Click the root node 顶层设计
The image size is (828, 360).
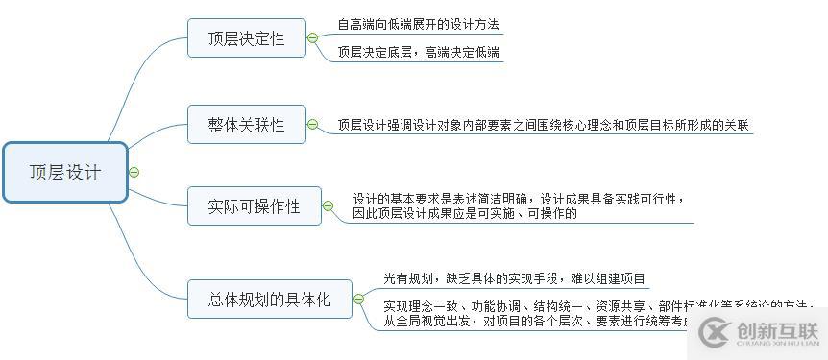(x=65, y=173)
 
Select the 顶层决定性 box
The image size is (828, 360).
(x=247, y=38)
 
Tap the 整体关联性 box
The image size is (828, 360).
(x=247, y=125)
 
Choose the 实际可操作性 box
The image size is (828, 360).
(x=255, y=206)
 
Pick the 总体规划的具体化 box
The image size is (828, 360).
(x=270, y=300)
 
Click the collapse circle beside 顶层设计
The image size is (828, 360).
(x=134, y=173)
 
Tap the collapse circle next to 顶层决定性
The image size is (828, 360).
(x=313, y=38)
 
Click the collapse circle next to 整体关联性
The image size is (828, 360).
(x=313, y=124)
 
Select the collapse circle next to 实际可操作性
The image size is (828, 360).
(x=329, y=206)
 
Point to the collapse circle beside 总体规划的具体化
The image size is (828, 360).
(x=359, y=300)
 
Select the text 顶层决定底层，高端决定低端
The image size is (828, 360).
(x=418, y=53)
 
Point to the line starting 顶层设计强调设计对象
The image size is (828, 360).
(x=544, y=125)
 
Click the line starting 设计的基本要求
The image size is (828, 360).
(x=519, y=199)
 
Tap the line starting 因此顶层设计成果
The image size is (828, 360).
(x=465, y=214)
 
